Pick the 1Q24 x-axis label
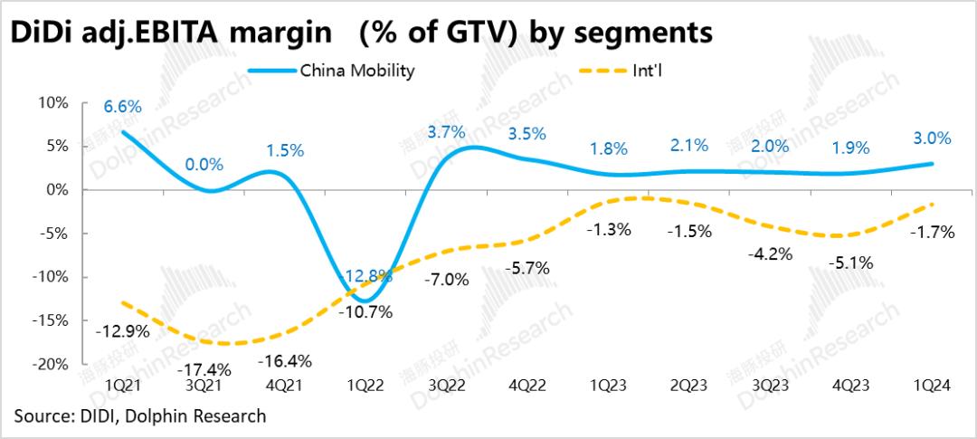pyautogui.click(x=932, y=385)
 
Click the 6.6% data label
pyautogui.click(x=122, y=107)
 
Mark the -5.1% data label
pyautogui.click(x=851, y=264)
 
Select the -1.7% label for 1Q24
pyautogui.click(x=933, y=233)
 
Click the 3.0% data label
pyautogui.click(x=932, y=138)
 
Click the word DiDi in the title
pyautogui.click(x=39, y=33)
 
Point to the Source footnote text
pyautogui.click(x=140, y=416)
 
